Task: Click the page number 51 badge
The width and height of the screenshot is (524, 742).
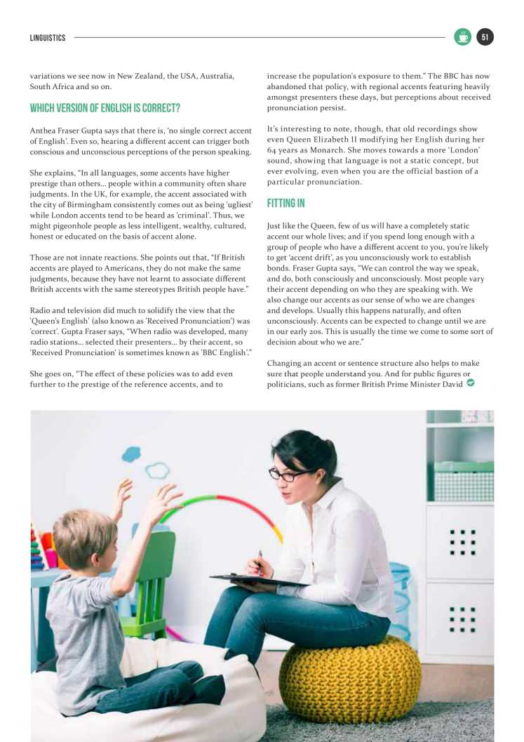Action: [x=485, y=37]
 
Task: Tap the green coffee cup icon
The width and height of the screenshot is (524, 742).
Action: [x=462, y=37]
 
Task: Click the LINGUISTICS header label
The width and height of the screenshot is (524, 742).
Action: [x=48, y=38]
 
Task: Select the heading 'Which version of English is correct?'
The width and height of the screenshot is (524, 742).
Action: [x=105, y=109]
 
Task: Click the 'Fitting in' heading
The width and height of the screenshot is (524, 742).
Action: [x=286, y=204]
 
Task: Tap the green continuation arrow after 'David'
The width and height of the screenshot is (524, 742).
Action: [x=470, y=383]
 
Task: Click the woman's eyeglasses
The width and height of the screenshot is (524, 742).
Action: [x=289, y=474]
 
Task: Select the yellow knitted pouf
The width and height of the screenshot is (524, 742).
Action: [x=350, y=678]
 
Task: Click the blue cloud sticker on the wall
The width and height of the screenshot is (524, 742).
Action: [x=131, y=454]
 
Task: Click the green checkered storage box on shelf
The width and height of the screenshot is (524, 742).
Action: [x=463, y=482]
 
